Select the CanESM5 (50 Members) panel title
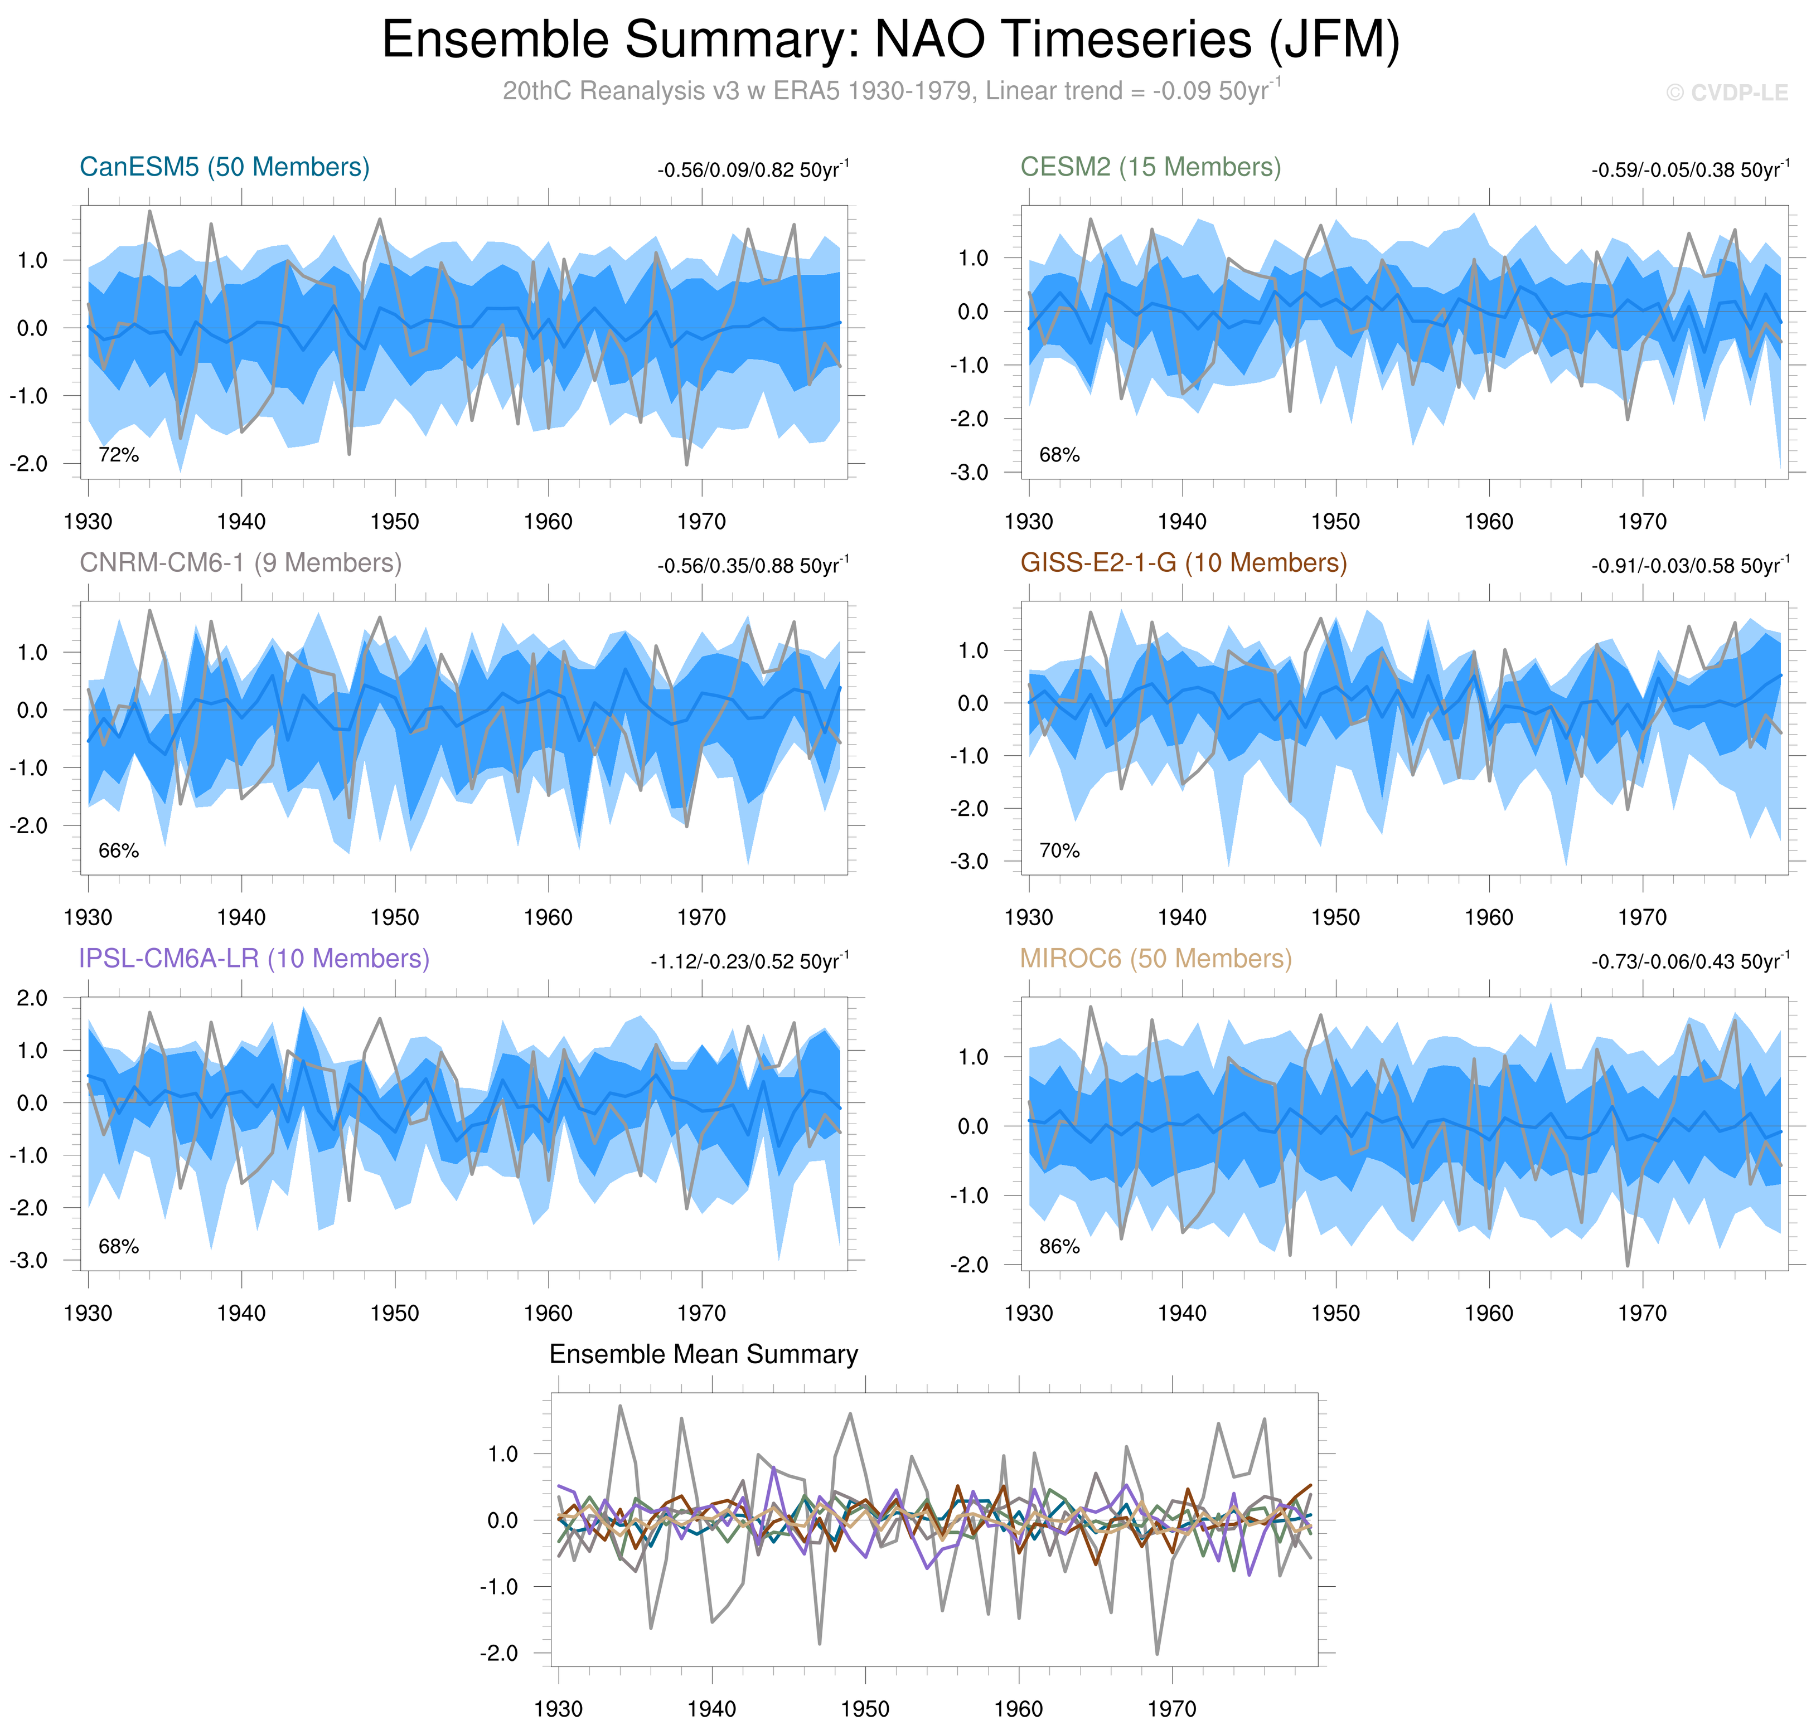(x=225, y=167)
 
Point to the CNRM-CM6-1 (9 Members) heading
(x=240, y=563)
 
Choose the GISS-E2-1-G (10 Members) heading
(x=1183, y=563)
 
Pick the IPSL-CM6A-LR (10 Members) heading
(x=254, y=959)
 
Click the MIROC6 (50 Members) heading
(x=1155, y=959)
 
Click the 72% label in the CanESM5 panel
(x=118, y=455)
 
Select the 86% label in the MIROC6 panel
(x=1059, y=1247)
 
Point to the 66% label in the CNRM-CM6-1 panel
(x=118, y=851)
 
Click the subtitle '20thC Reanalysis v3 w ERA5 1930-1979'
(x=740, y=91)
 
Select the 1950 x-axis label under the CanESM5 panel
(x=395, y=522)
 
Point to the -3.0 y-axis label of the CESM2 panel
(x=970, y=473)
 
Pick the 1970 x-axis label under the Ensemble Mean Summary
(x=1171, y=1709)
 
